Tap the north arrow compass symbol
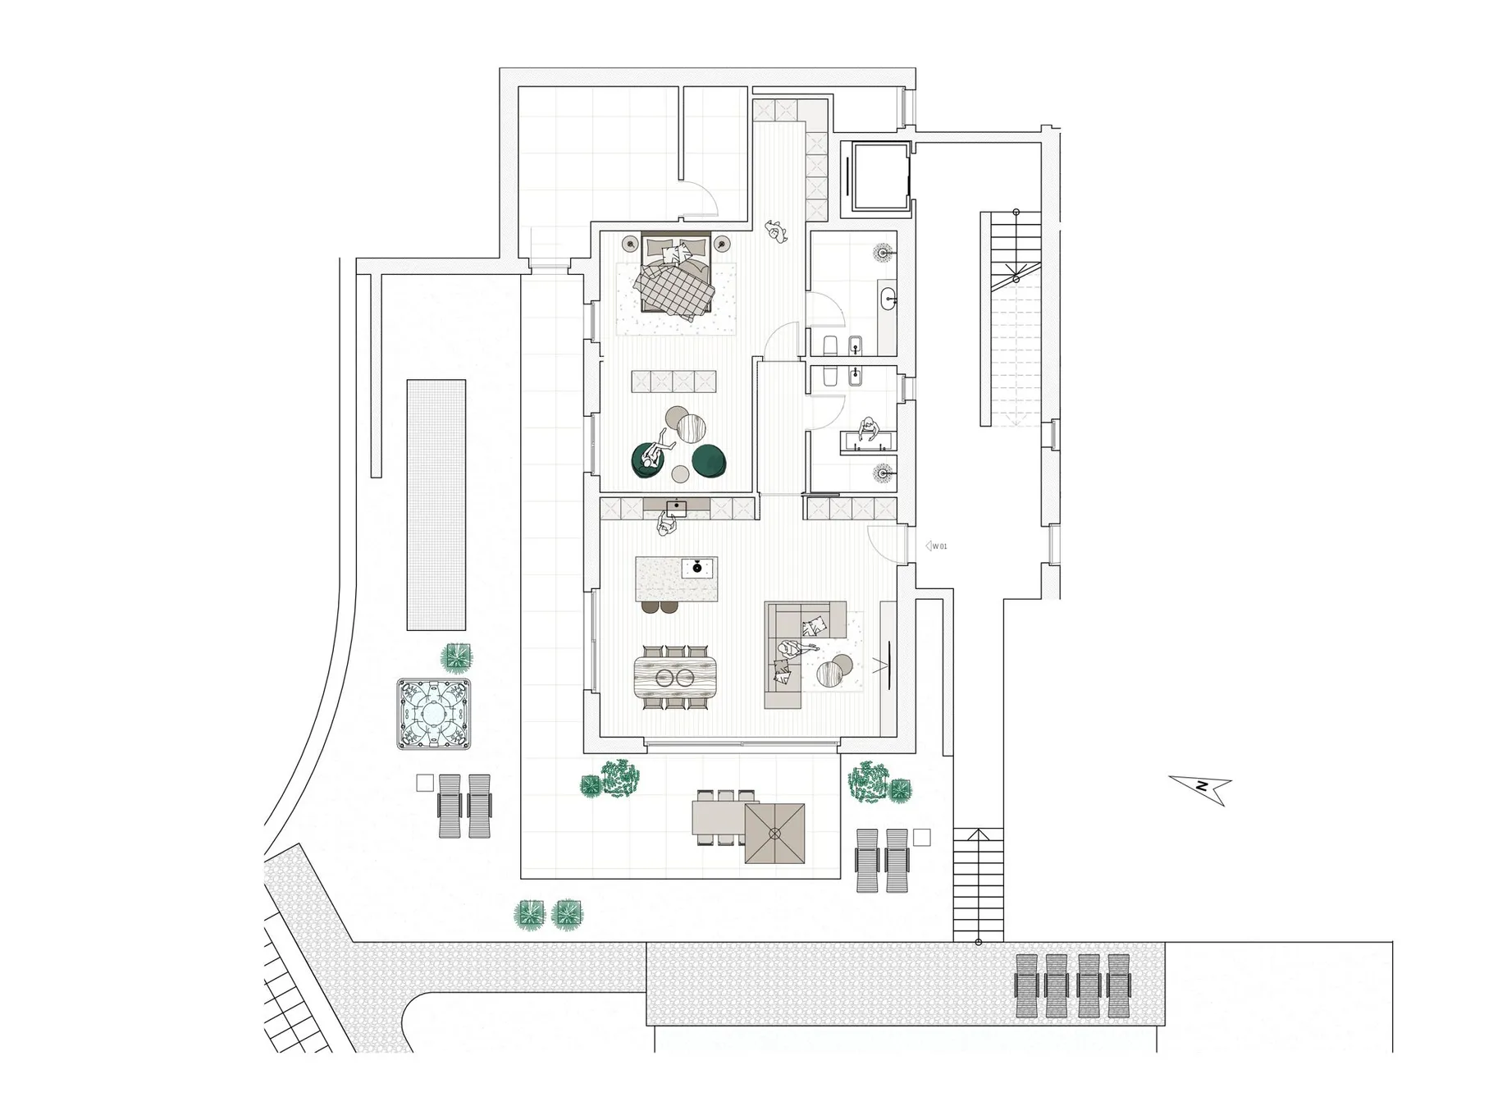1202,787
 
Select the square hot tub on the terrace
435,713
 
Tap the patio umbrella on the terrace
775,834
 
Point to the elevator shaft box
879,176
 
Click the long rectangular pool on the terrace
436,505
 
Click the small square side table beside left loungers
424,783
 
